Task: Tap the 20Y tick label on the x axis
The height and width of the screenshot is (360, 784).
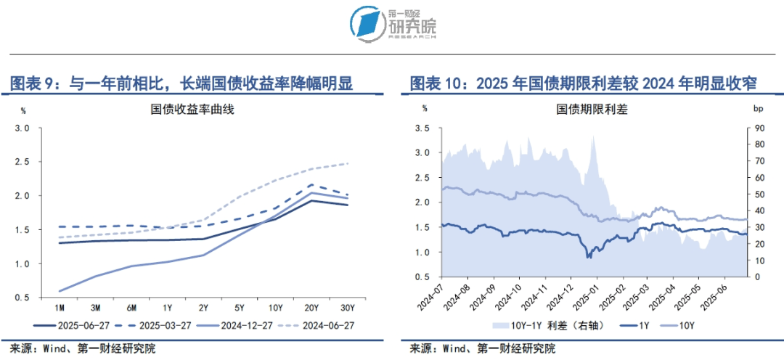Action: click(x=311, y=306)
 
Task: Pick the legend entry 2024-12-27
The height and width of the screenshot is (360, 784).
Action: click(x=242, y=325)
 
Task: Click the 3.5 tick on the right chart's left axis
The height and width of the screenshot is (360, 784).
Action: click(x=422, y=128)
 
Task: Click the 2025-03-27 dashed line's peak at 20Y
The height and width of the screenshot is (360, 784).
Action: click(x=311, y=185)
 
